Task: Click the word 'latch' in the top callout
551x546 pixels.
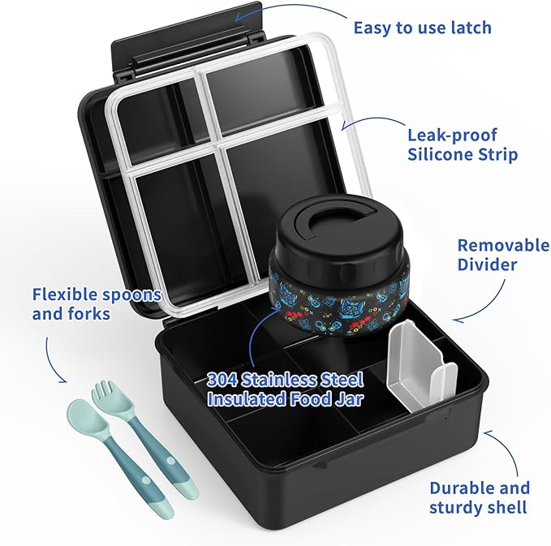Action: pos(471,28)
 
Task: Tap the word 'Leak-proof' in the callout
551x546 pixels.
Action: pos(453,135)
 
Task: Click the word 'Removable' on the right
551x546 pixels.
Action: pos(503,245)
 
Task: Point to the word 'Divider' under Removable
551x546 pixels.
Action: pos(487,264)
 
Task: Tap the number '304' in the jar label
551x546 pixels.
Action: pos(222,380)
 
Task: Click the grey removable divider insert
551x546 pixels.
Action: pos(421,366)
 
